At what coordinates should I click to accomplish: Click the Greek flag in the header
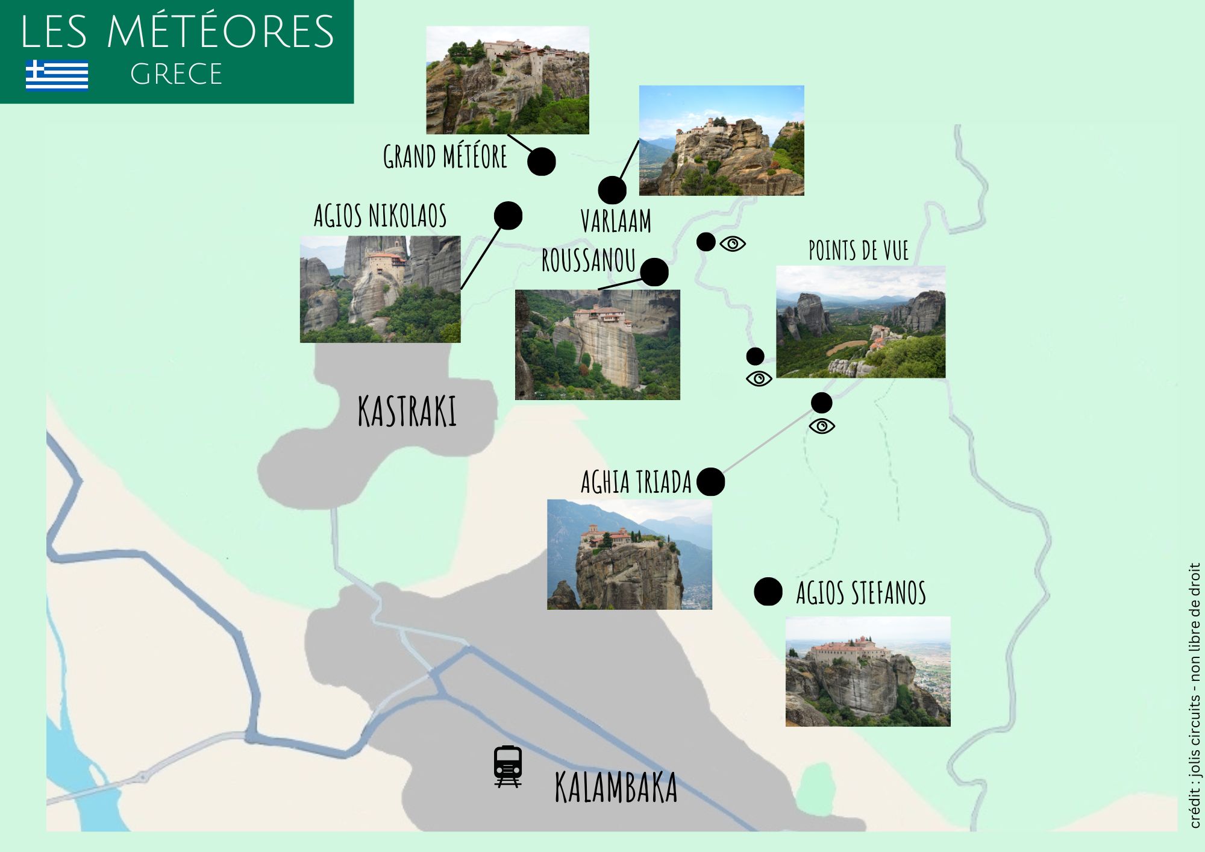57,75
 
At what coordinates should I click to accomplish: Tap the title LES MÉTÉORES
177,32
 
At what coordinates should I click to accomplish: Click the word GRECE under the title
176,75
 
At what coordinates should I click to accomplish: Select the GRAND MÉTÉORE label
445,157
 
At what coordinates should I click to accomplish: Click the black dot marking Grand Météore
541,161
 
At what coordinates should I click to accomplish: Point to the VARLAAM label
616,221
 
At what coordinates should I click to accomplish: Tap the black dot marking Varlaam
612,190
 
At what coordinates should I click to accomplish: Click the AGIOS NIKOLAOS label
380,216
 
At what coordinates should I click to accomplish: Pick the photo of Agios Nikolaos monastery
380,289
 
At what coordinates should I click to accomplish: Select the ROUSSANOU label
589,260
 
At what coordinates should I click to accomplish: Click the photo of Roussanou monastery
597,345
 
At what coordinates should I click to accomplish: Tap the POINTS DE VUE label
859,251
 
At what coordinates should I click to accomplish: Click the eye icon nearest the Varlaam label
733,243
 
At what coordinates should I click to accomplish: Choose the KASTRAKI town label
407,412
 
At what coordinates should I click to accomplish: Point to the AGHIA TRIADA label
636,482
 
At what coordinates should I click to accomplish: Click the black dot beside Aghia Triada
710,482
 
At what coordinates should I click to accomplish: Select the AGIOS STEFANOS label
861,592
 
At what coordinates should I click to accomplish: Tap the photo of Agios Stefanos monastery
868,671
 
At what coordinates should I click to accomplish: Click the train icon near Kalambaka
508,766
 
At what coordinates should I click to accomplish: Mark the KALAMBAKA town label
616,788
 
